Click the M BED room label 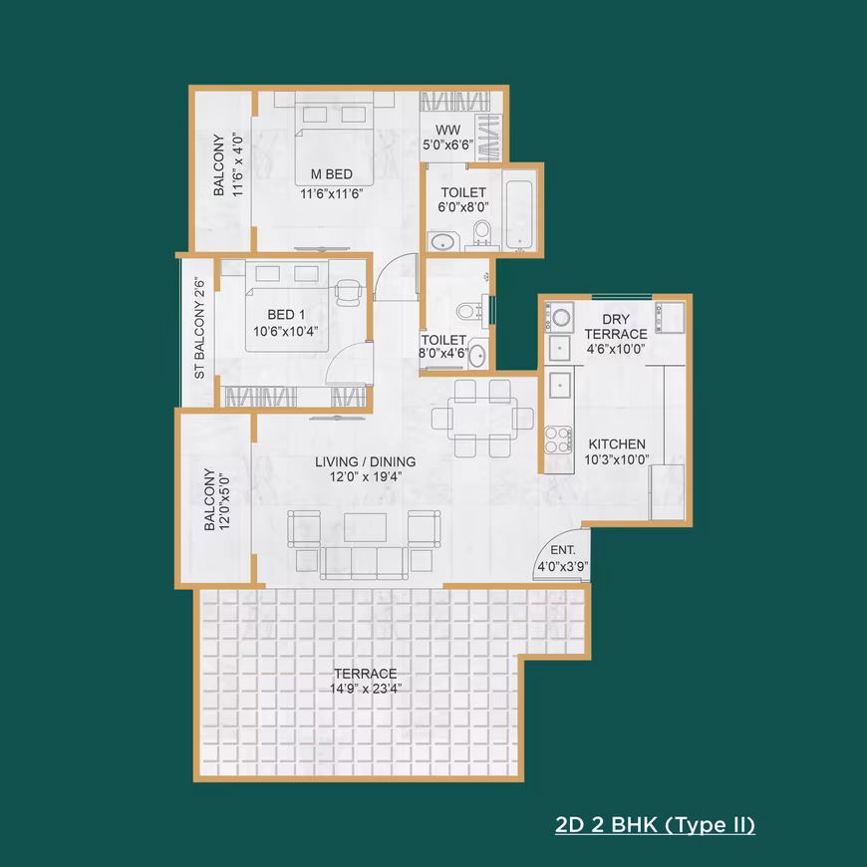pos(332,174)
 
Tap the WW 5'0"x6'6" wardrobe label pos(447,138)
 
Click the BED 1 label pos(286,315)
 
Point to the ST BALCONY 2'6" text pos(199,330)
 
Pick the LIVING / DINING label pos(366,461)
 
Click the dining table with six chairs pos(482,419)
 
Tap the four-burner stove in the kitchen pos(558,439)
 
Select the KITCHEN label pos(617,444)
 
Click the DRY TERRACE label pos(616,327)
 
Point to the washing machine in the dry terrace pos(561,317)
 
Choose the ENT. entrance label pos(563,550)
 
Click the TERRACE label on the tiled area pos(366,674)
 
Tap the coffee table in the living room pos(365,527)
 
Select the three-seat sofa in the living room pos(364,563)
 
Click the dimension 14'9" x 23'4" pos(366,689)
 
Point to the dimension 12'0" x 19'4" pos(366,476)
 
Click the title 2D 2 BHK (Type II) pos(655,825)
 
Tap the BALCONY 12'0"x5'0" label pos(216,500)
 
